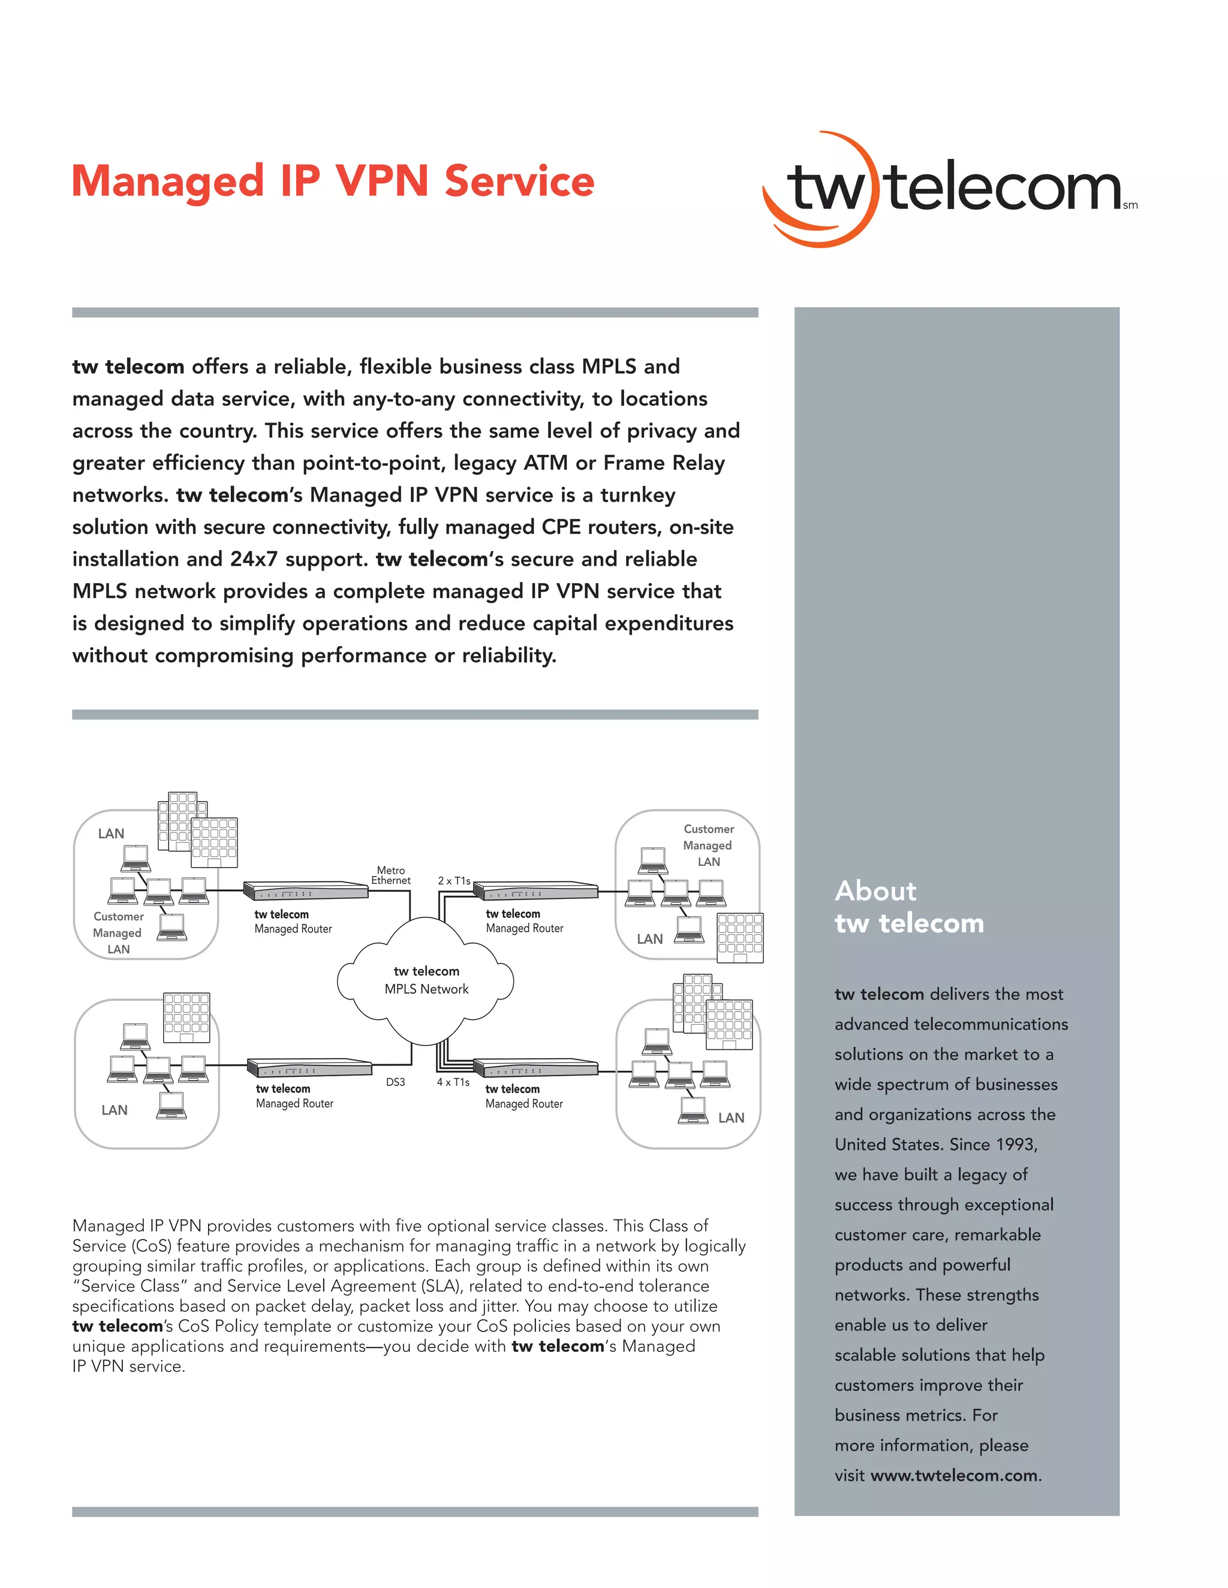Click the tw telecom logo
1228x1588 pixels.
pos(946,189)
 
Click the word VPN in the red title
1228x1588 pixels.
pos(381,181)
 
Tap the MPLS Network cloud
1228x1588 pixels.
pos(426,980)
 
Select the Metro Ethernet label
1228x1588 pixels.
pos(391,875)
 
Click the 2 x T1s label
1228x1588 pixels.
pos(454,880)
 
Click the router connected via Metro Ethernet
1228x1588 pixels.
pos(306,890)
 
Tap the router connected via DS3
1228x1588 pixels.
pos(309,1067)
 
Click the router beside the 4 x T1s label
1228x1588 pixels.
pos(535,1067)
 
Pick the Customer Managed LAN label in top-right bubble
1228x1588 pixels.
pos(708,845)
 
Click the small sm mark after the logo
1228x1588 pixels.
pos(1130,206)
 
